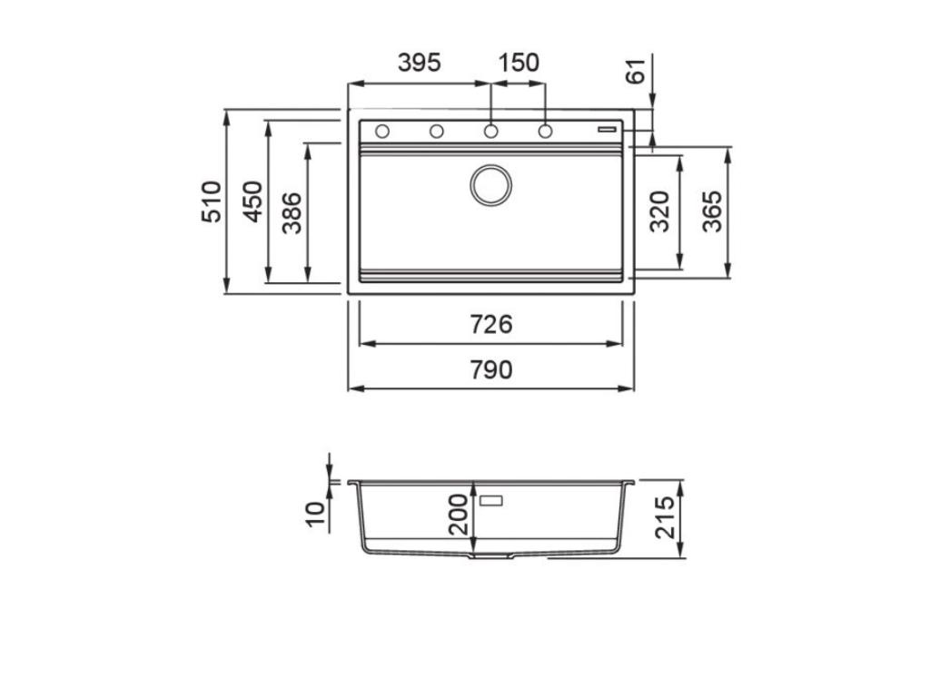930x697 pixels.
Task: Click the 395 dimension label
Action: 419,63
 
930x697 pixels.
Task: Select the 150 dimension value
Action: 519,63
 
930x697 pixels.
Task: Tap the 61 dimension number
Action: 638,70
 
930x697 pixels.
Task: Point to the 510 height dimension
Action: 211,201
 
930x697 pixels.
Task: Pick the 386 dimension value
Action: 292,213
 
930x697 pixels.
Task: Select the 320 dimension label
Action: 660,211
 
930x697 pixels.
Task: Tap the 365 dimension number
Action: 713,211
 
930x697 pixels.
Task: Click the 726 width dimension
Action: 491,324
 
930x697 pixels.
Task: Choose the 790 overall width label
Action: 491,370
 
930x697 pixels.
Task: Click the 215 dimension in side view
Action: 667,516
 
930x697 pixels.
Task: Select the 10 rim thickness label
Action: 315,514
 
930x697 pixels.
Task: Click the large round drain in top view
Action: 490,185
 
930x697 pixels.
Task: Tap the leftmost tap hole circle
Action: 382,132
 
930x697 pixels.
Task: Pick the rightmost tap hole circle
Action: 545,132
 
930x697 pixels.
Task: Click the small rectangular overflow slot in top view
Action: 606,130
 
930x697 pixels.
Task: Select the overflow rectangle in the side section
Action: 491,498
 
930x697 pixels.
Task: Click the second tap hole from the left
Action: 437,132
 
